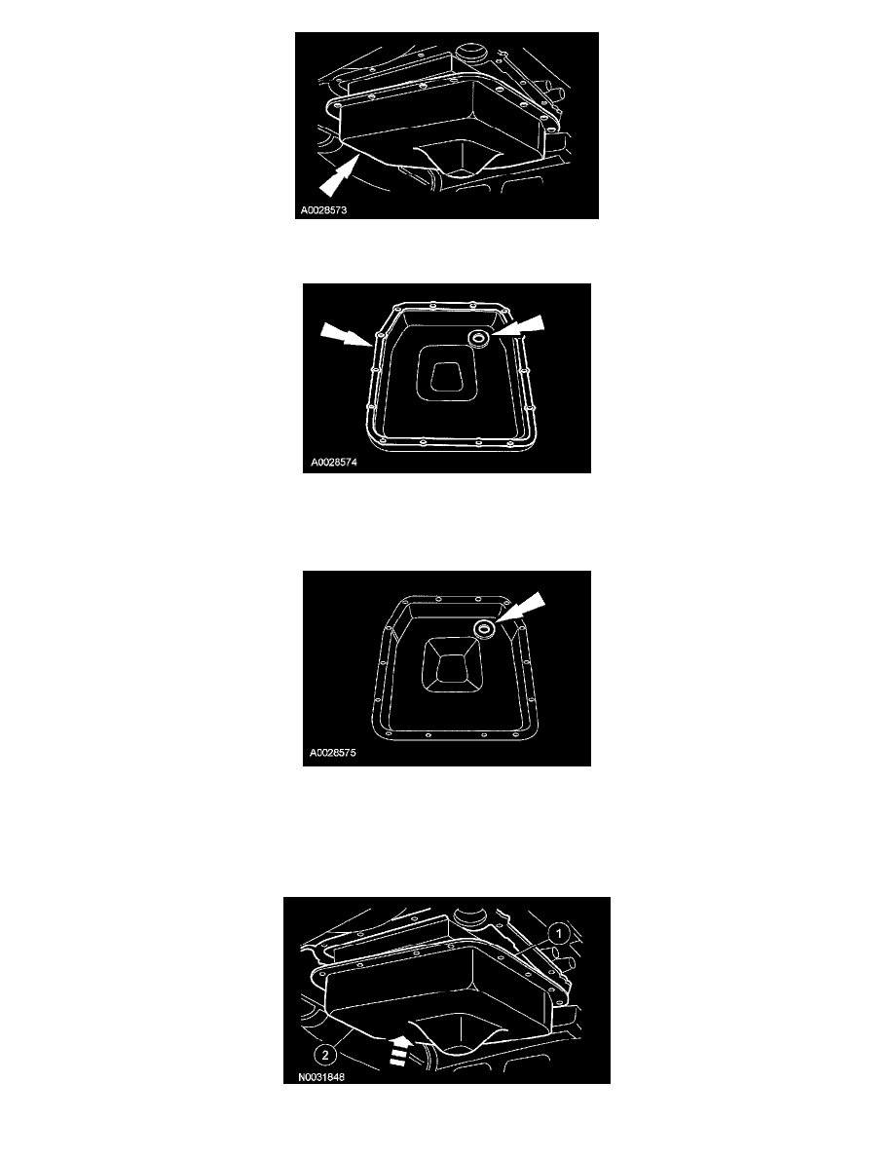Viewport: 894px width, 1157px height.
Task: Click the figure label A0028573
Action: pyautogui.click(x=323, y=210)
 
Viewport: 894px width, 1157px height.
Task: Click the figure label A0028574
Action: pyautogui.click(x=333, y=463)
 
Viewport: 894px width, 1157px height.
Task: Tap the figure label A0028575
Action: pyautogui.click(x=333, y=754)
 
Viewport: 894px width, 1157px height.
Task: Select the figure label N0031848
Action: pyautogui.click(x=320, y=1077)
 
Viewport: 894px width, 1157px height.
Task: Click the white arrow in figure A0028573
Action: pyautogui.click(x=337, y=179)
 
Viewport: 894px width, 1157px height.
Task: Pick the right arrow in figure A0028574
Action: pyautogui.click(x=519, y=327)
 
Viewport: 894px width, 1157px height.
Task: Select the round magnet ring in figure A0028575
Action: pyautogui.click(x=485, y=629)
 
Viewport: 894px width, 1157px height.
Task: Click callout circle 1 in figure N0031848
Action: pyautogui.click(x=559, y=934)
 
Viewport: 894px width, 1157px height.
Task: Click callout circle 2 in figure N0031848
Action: pyautogui.click(x=325, y=1056)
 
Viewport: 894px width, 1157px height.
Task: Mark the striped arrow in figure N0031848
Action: pyautogui.click(x=398, y=1050)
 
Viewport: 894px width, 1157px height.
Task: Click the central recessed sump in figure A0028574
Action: pyautogui.click(x=446, y=374)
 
